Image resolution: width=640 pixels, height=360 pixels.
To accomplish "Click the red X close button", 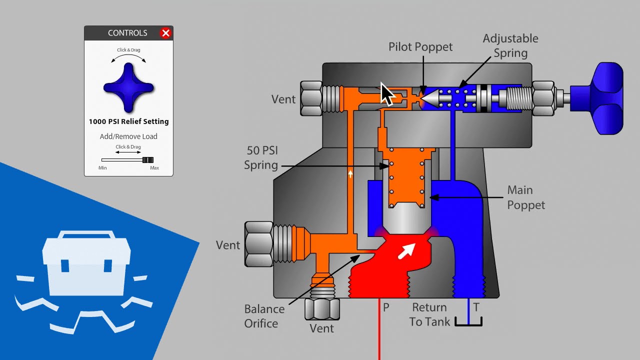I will point(165,33).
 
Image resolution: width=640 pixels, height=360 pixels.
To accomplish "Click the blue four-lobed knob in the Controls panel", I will point(128,88).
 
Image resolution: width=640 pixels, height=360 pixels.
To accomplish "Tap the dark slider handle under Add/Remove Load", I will point(147,160).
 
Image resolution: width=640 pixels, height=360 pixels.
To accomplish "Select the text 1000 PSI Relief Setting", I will point(128,121).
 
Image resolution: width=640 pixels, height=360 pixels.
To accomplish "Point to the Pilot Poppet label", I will point(420,47).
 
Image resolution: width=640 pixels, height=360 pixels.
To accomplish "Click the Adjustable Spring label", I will point(510,45).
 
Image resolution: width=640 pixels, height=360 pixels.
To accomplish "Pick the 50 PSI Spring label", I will point(261,157).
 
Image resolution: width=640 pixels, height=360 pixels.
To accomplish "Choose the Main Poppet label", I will point(525,197).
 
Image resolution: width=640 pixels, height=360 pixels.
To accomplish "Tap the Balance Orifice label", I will point(264,316).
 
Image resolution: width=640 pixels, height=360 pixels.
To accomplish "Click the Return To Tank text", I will point(429,314).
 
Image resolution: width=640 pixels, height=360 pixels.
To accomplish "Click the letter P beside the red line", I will point(386,307).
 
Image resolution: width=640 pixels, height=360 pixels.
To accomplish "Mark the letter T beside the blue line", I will point(476,307).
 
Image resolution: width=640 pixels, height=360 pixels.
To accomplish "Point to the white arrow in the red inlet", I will point(406,250).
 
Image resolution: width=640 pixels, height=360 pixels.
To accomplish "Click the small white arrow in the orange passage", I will point(350,174).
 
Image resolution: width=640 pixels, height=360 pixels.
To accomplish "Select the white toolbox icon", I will point(86,262).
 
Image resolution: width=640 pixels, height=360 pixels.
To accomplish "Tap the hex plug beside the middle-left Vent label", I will point(258,244).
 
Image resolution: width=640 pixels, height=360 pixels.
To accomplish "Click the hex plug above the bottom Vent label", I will point(322,308).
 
